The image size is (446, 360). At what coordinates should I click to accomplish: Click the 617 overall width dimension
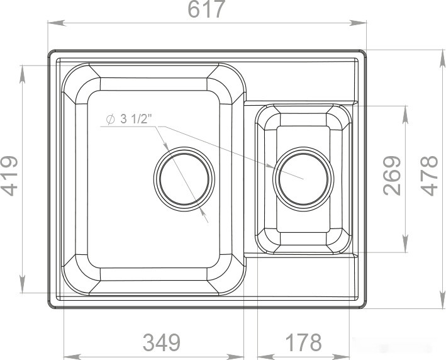pos(206,11)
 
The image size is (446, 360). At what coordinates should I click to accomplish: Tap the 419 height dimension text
pos(11,177)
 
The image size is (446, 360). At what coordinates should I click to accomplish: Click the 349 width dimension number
pos(161,343)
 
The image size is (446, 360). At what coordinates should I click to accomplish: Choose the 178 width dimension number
pos(303,343)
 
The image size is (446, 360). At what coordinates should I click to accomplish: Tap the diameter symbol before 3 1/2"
pos(109,120)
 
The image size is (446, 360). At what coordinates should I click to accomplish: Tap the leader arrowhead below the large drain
pos(206,219)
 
